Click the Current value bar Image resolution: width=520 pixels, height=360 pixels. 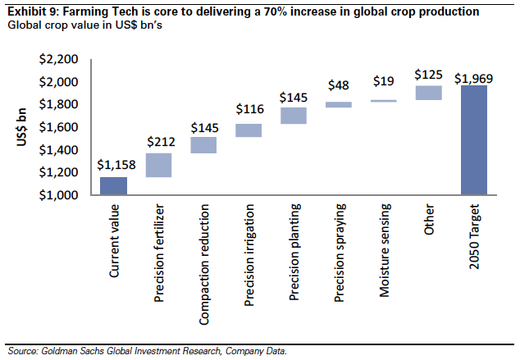[x=114, y=186]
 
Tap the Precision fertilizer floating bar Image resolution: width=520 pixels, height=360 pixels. [x=158, y=165]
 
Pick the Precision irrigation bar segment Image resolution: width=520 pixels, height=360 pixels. [x=249, y=130]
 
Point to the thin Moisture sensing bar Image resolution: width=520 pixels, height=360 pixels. [x=385, y=101]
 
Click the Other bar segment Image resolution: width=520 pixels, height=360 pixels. [x=428, y=93]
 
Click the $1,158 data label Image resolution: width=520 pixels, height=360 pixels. [x=114, y=165]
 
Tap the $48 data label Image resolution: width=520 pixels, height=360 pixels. [x=339, y=85]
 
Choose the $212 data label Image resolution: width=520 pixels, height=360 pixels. [x=159, y=141]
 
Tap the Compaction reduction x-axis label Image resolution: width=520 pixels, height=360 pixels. [x=204, y=254]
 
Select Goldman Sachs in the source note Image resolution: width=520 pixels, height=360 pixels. [x=73, y=351]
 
